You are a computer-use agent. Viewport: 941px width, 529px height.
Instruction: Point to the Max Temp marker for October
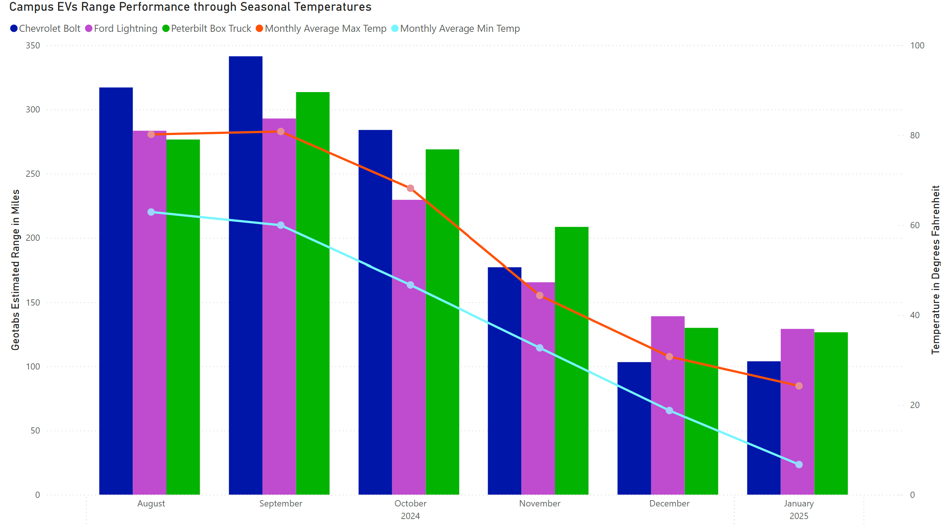(410, 188)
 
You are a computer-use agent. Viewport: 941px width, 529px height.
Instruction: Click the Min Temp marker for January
(799, 464)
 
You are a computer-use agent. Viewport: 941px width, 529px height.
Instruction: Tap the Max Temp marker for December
(669, 357)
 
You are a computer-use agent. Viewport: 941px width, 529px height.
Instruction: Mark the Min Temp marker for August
(151, 212)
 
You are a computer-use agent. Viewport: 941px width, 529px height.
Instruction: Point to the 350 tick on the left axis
(33, 46)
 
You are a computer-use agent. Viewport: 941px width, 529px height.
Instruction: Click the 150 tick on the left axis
(33, 302)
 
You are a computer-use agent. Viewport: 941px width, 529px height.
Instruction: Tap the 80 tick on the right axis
(914, 135)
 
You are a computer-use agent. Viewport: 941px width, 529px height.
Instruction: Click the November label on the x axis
(539, 503)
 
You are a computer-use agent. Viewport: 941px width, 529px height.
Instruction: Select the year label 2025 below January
(799, 516)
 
